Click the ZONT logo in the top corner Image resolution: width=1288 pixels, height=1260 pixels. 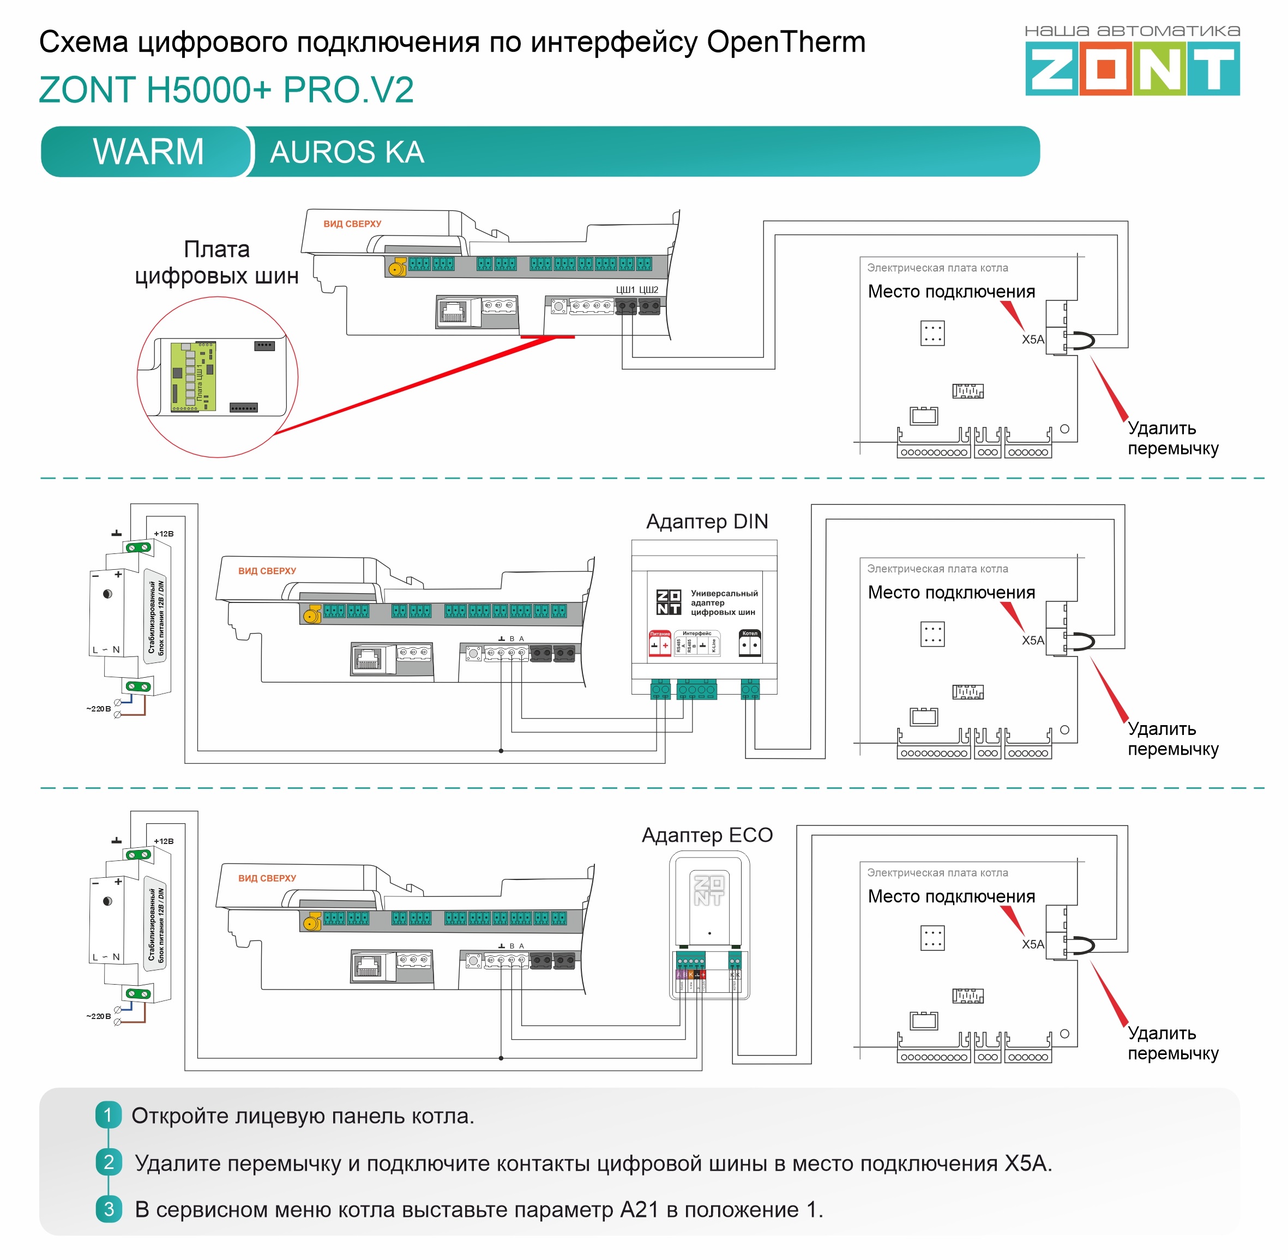(1132, 68)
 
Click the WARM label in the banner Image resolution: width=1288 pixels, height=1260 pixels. (148, 152)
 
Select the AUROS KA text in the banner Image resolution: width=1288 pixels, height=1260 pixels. (347, 152)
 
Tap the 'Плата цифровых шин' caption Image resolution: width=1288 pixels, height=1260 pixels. (216, 263)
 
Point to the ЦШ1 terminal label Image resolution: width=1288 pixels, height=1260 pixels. (625, 290)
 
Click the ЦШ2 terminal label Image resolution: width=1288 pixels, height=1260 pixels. (648, 290)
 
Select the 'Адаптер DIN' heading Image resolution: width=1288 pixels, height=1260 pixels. (707, 521)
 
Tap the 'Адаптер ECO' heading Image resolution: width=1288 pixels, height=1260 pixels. (707, 835)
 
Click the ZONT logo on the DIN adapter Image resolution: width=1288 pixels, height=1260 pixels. (669, 602)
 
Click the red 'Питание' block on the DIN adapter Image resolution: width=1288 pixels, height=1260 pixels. (659, 643)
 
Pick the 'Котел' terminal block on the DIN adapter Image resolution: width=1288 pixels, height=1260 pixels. (750, 643)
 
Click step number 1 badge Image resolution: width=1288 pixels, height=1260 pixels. (109, 1115)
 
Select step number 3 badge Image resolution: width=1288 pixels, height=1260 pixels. (109, 1209)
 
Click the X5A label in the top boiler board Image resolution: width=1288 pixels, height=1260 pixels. (1032, 340)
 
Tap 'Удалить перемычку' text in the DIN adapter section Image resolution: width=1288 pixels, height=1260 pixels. (1172, 739)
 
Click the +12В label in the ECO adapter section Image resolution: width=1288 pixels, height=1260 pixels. (164, 841)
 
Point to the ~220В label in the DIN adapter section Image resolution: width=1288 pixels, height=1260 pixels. (99, 709)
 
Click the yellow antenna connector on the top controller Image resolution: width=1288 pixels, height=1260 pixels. (397, 267)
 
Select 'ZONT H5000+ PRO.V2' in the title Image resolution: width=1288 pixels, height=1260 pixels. (226, 89)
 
